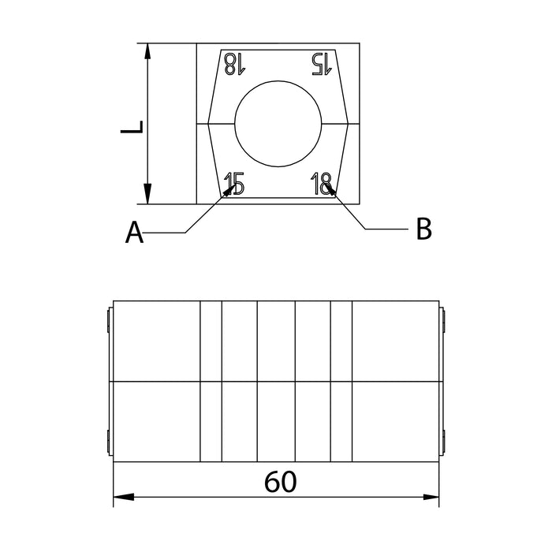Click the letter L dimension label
[132, 127]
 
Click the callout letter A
[134, 233]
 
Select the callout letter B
[423, 229]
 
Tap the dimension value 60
[280, 482]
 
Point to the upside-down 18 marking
[234, 64]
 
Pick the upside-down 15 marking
[322, 64]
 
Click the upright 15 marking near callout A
[234, 184]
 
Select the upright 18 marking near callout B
[322, 184]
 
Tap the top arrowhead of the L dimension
[148, 51]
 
